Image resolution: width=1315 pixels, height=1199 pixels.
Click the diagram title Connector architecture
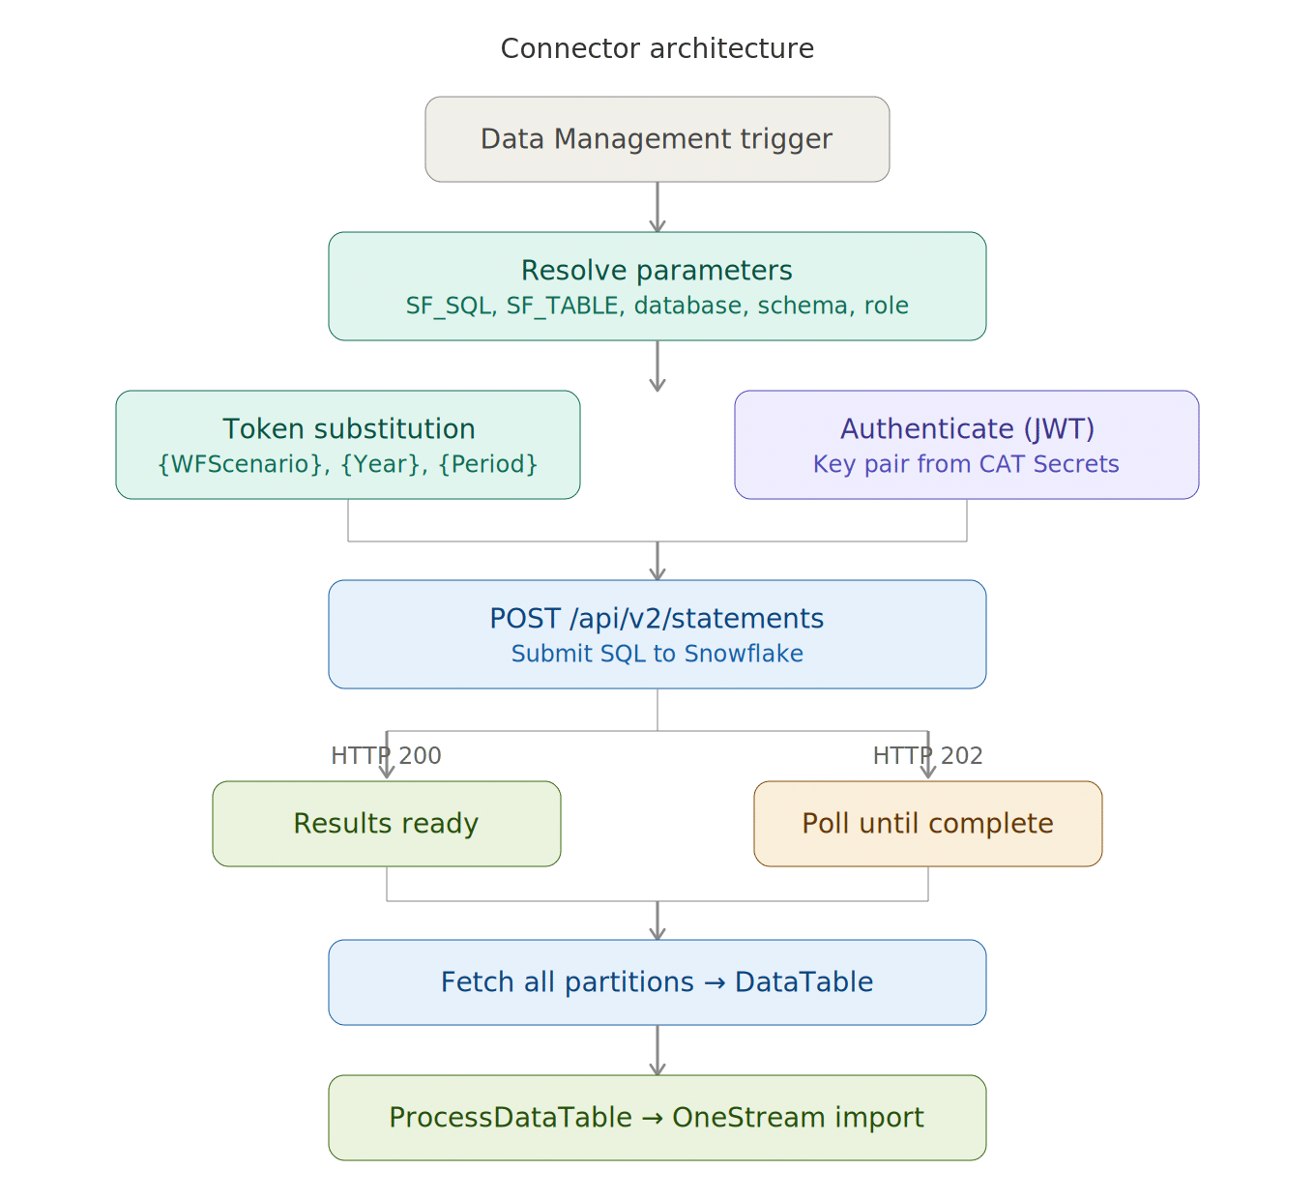[x=657, y=48]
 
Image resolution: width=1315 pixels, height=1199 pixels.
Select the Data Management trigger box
[x=657, y=139]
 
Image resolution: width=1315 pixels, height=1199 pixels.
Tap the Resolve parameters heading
[x=657, y=271]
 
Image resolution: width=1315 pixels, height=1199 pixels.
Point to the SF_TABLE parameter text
[x=562, y=307]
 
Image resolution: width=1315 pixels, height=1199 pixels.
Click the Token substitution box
[x=348, y=445]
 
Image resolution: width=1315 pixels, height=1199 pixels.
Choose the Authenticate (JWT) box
[x=967, y=445]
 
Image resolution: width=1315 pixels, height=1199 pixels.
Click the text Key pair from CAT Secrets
[x=966, y=465]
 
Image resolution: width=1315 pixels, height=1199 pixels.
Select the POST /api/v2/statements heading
[x=657, y=619]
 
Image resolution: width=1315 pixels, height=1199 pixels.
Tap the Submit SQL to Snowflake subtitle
[x=657, y=655]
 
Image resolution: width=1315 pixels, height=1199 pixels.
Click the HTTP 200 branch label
[x=387, y=755]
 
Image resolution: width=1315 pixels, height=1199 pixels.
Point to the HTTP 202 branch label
[x=928, y=755]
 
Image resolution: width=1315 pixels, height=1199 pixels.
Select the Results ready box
[x=387, y=824]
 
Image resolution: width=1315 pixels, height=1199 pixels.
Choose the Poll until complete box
[x=928, y=824]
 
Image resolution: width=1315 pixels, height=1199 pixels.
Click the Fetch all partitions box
[x=657, y=982]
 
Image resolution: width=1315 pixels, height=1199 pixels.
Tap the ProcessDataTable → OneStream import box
[x=657, y=1118]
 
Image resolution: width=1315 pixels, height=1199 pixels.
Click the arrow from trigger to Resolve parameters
[x=657, y=207]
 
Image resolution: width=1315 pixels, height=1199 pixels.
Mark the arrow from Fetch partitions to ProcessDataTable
[x=657, y=1050]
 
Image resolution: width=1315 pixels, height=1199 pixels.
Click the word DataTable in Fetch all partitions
[x=804, y=982]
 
